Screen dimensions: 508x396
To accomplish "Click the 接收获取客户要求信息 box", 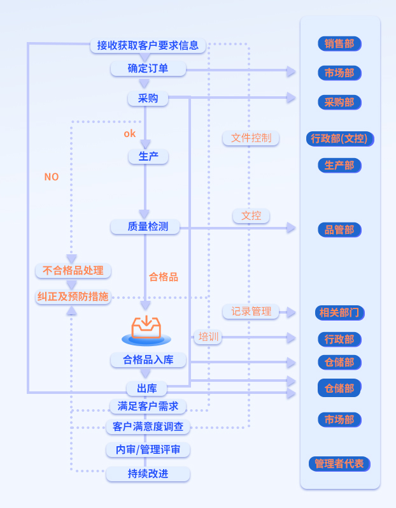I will click(148, 45).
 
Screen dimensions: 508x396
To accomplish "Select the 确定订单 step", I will click(148, 68).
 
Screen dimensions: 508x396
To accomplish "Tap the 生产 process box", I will click(148, 156).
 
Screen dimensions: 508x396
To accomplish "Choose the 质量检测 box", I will click(148, 226).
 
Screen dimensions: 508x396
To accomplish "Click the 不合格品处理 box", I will click(73, 270).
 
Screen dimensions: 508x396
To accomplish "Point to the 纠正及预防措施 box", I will click(73, 296).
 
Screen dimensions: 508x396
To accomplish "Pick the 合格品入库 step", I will click(148, 360).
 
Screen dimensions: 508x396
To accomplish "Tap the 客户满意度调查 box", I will click(148, 426).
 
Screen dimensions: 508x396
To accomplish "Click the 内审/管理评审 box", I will click(148, 450).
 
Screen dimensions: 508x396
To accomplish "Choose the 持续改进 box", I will click(148, 474).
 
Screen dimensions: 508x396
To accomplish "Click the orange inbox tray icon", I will click(146, 328).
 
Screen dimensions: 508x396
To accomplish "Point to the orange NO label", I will click(52, 177).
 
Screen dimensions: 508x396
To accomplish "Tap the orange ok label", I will click(130, 134).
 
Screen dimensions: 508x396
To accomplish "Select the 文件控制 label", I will click(251, 138).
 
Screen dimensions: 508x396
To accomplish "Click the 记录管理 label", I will click(251, 312).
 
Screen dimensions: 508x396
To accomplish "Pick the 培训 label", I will click(208, 337).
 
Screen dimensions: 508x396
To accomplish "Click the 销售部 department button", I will click(339, 44).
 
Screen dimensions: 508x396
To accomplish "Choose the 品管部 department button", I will click(339, 230).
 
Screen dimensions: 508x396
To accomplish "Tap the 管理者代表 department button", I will click(339, 464).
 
